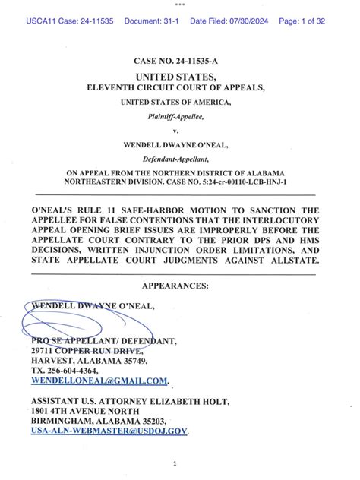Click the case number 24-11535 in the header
coord(87,22)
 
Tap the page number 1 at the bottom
coord(175,462)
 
